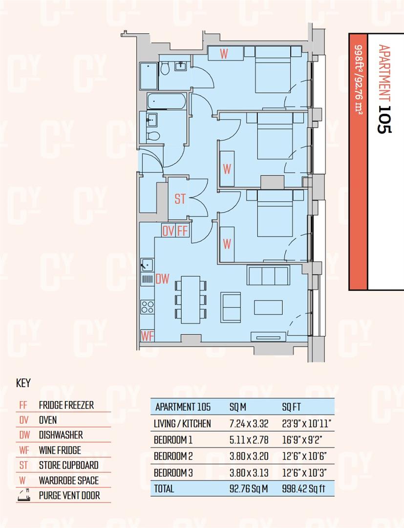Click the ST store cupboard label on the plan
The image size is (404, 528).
pyautogui.click(x=180, y=199)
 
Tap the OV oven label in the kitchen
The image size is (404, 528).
pyautogui.click(x=168, y=231)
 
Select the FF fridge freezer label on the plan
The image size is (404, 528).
pyautogui.click(x=182, y=231)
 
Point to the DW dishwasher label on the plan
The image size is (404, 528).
pyautogui.click(x=162, y=279)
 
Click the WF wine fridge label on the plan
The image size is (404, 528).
pyautogui.click(x=148, y=336)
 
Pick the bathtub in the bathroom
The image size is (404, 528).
pyautogui.click(x=166, y=102)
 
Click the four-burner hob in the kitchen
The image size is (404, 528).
pyautogui.click(x=148, y=307)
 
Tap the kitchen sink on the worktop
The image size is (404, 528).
pyautogui.click(x=147, y=265)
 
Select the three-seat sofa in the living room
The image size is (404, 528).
pyautogui.click(x=268, y=276)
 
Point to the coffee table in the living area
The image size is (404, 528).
pyautogui.click(x=268, y=307)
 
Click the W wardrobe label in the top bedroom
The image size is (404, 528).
pyautogui.click(x=223, y=54)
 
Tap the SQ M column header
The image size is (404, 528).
pyautogui.click(x=238, y=407)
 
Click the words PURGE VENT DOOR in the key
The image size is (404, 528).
pyautogui.click(x=69, y=495)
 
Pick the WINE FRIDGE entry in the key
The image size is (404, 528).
pyautogui.click(x=60, y=450)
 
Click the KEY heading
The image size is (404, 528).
pyautogui.click(x=23, y=383)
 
